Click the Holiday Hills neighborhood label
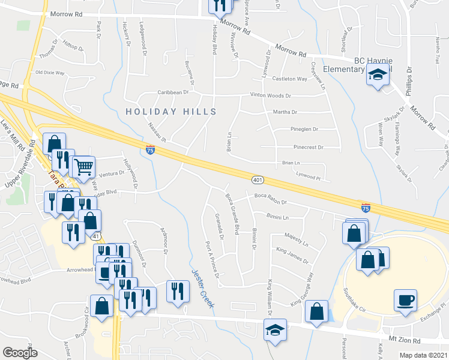tap(170, 112)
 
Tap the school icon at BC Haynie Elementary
tap(377, 76)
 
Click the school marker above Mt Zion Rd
tap(276, 331)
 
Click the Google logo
tap(20, 353)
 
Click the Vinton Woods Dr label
tap(271, 95)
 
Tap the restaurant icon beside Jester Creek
tap(176, 291)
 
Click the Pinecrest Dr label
tap(309, 147)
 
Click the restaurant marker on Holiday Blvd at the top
tap(218, 5)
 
